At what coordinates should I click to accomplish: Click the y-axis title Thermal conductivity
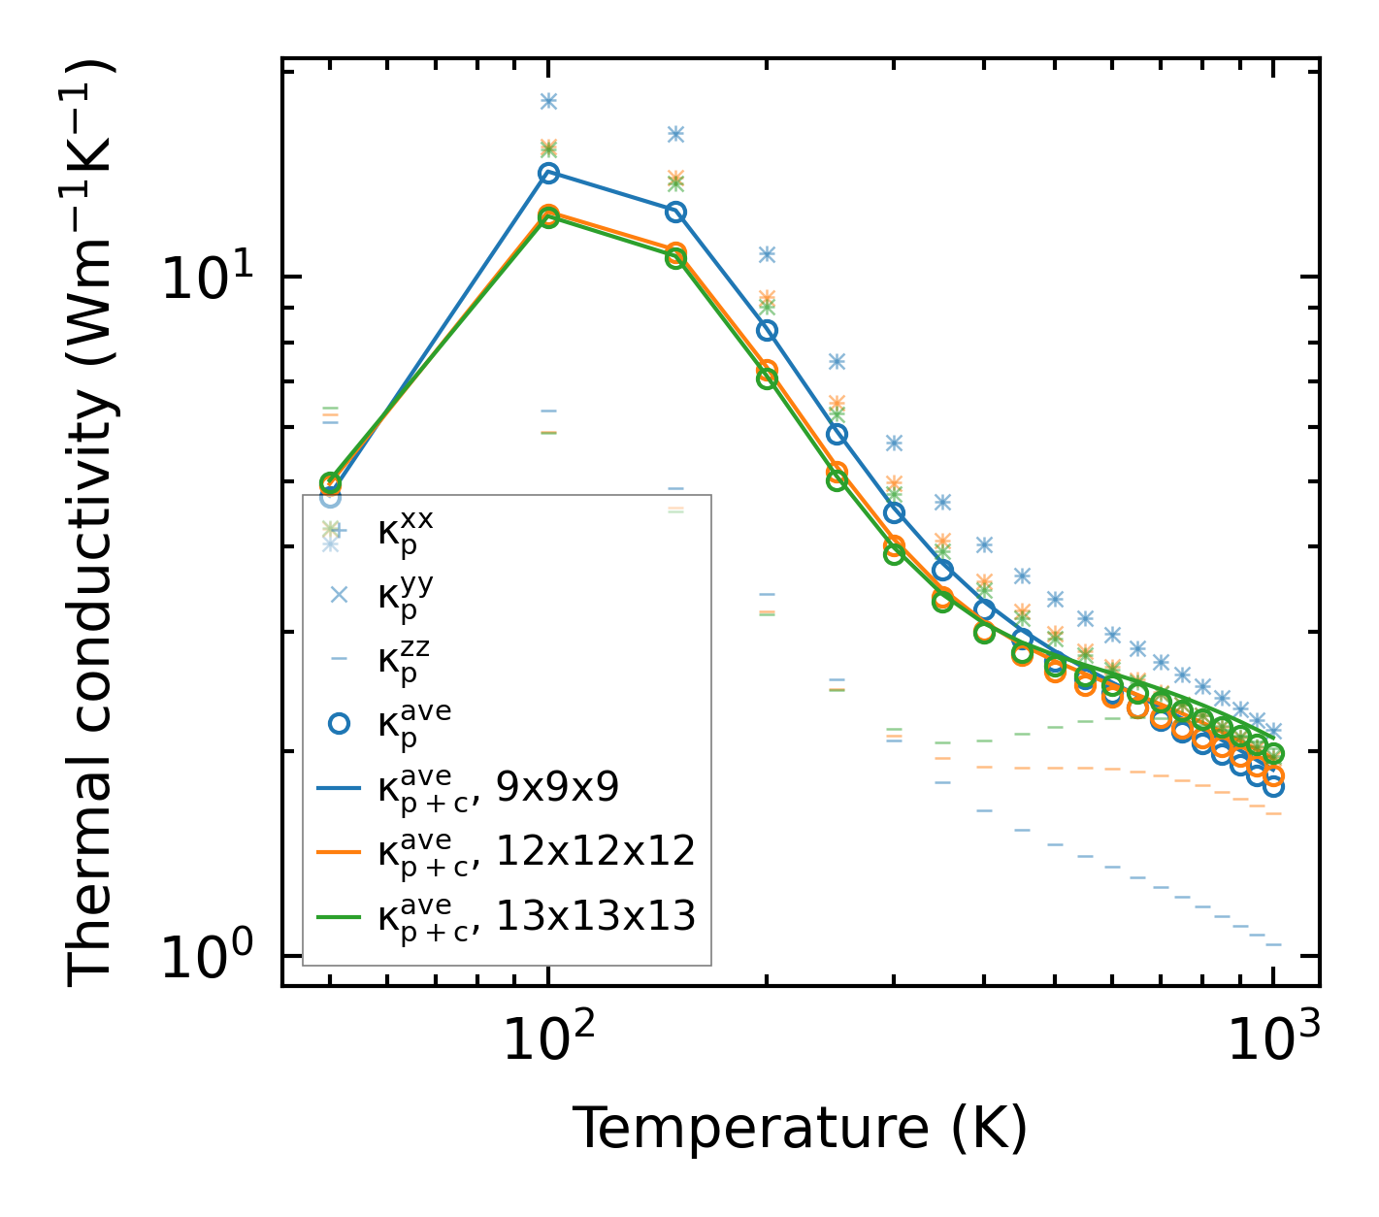(92, 524)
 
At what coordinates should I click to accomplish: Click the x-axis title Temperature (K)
(800, 1129)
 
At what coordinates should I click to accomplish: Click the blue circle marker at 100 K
(548, 173)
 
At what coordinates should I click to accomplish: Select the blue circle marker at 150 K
(676, 212)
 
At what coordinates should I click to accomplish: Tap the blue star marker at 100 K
(548, 101)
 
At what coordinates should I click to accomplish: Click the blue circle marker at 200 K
(767, 330)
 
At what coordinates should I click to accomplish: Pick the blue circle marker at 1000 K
(1273, 786)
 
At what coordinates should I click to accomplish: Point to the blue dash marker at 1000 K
(1273, 944)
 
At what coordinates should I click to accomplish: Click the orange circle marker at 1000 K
(1273, 775)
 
